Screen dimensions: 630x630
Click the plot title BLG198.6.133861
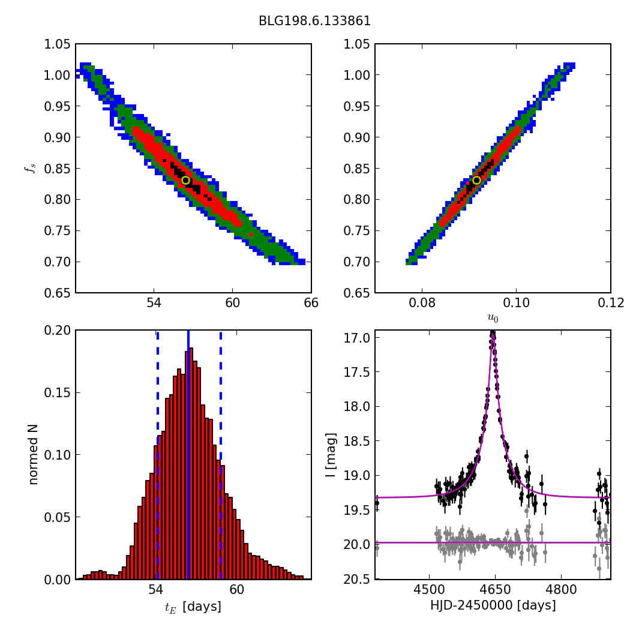(314, 21)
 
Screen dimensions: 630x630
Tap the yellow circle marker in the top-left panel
(185, 180)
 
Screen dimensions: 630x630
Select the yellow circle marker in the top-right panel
(476, 180)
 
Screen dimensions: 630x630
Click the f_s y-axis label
(29, 169)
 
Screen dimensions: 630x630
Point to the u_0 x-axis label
(493, 319)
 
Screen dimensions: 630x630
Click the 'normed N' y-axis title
(34, 454)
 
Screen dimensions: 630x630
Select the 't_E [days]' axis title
(193, 607)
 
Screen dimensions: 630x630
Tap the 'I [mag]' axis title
(330, 455)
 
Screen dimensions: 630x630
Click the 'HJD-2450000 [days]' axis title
(493, 606)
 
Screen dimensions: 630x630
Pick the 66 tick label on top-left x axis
(311, 304)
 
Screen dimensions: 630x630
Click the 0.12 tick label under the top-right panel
(610, 304)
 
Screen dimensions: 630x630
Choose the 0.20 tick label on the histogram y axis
(58, 331)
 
